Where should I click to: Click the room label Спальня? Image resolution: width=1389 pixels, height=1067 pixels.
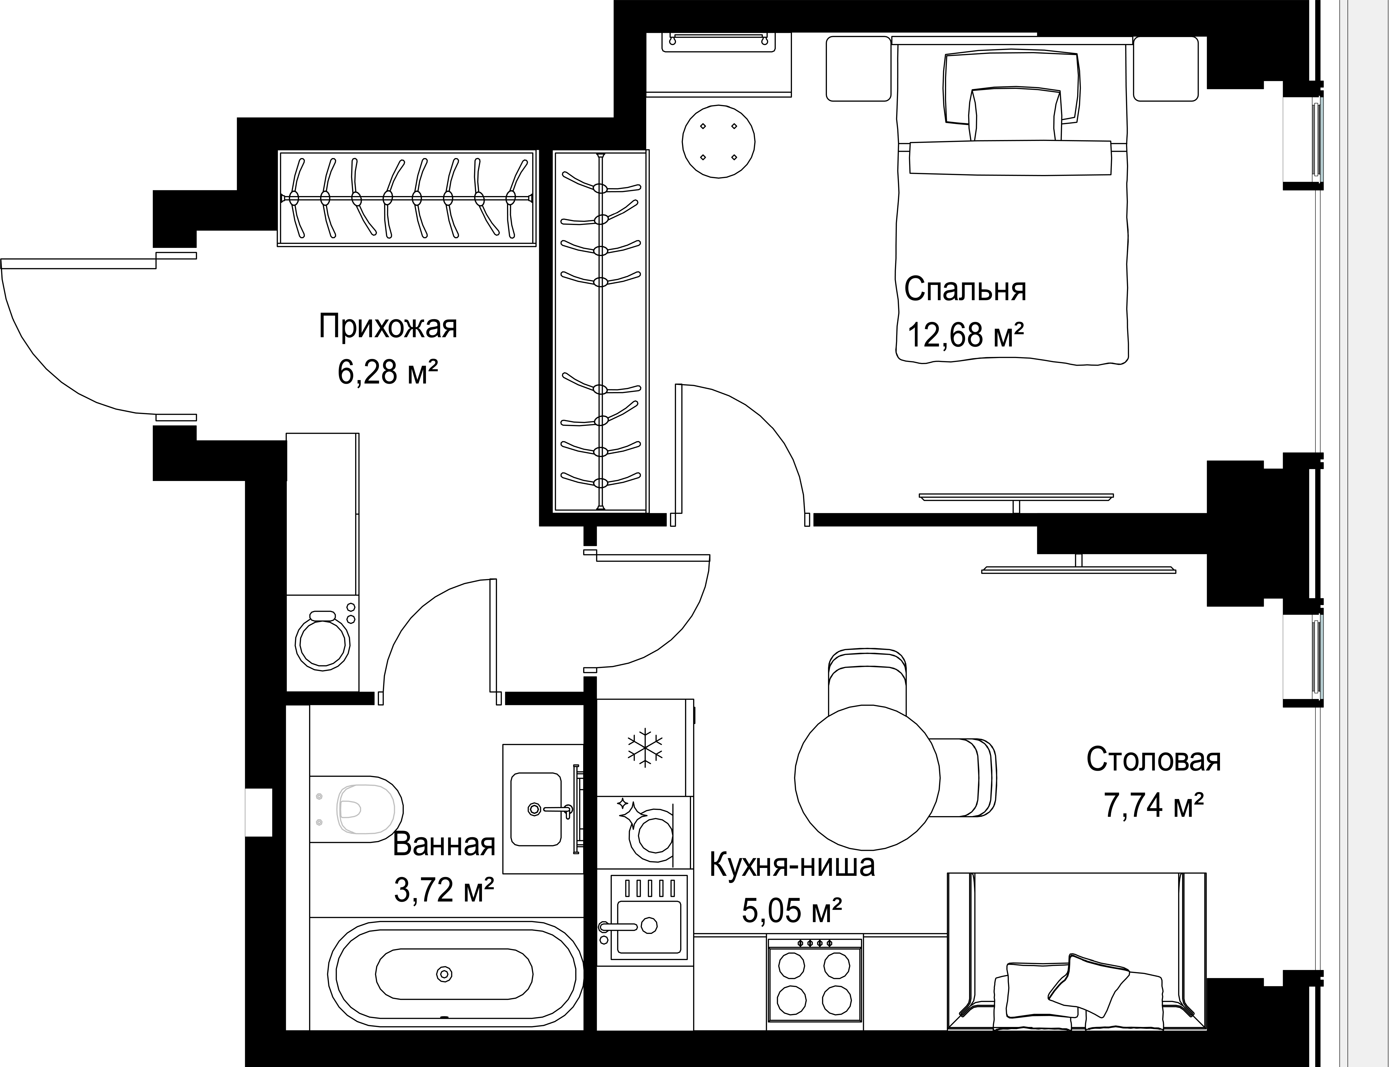coord(965,289)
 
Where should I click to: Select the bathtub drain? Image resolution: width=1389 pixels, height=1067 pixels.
coord(444,974)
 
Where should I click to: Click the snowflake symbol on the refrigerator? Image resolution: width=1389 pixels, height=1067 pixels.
coord(645,748)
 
